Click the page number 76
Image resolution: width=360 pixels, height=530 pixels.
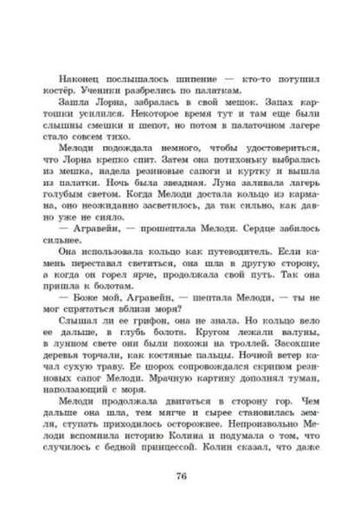point(181,474)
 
